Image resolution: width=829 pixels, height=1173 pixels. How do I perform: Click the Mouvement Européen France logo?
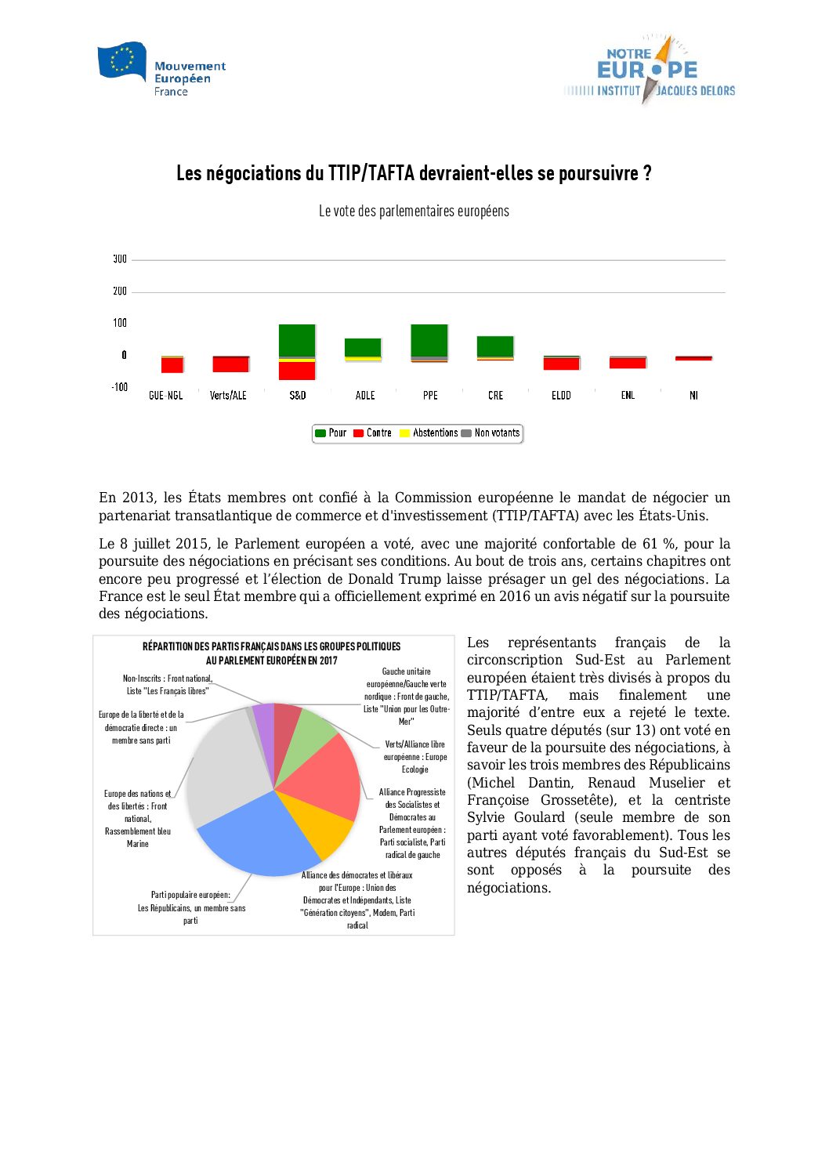(x=161, y=70)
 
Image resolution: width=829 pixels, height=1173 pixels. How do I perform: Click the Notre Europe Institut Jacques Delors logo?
(x=650, y=71)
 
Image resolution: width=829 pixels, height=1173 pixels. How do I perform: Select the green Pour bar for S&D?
(x=297, y=340)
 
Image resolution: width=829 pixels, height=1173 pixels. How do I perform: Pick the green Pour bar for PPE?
(x=429, y=340)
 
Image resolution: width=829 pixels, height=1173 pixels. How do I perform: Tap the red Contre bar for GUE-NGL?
(x=172, y=365)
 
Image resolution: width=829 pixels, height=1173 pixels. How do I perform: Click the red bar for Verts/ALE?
(x=230, y=364)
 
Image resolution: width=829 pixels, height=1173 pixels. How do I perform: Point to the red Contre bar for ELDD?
(x=561, y=364)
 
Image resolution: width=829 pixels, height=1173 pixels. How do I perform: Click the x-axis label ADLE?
(x=365, y=396)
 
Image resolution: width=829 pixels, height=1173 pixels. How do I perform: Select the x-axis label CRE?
(x=495, y=396)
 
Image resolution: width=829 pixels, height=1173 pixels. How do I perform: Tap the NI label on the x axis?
(x=693, y=396)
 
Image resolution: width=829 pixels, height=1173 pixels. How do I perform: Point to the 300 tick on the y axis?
(x=120, y=259)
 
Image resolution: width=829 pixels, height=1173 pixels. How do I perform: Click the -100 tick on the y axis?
(x=119, y=387)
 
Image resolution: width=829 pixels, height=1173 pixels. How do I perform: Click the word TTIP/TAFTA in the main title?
(x=371, y=173)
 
